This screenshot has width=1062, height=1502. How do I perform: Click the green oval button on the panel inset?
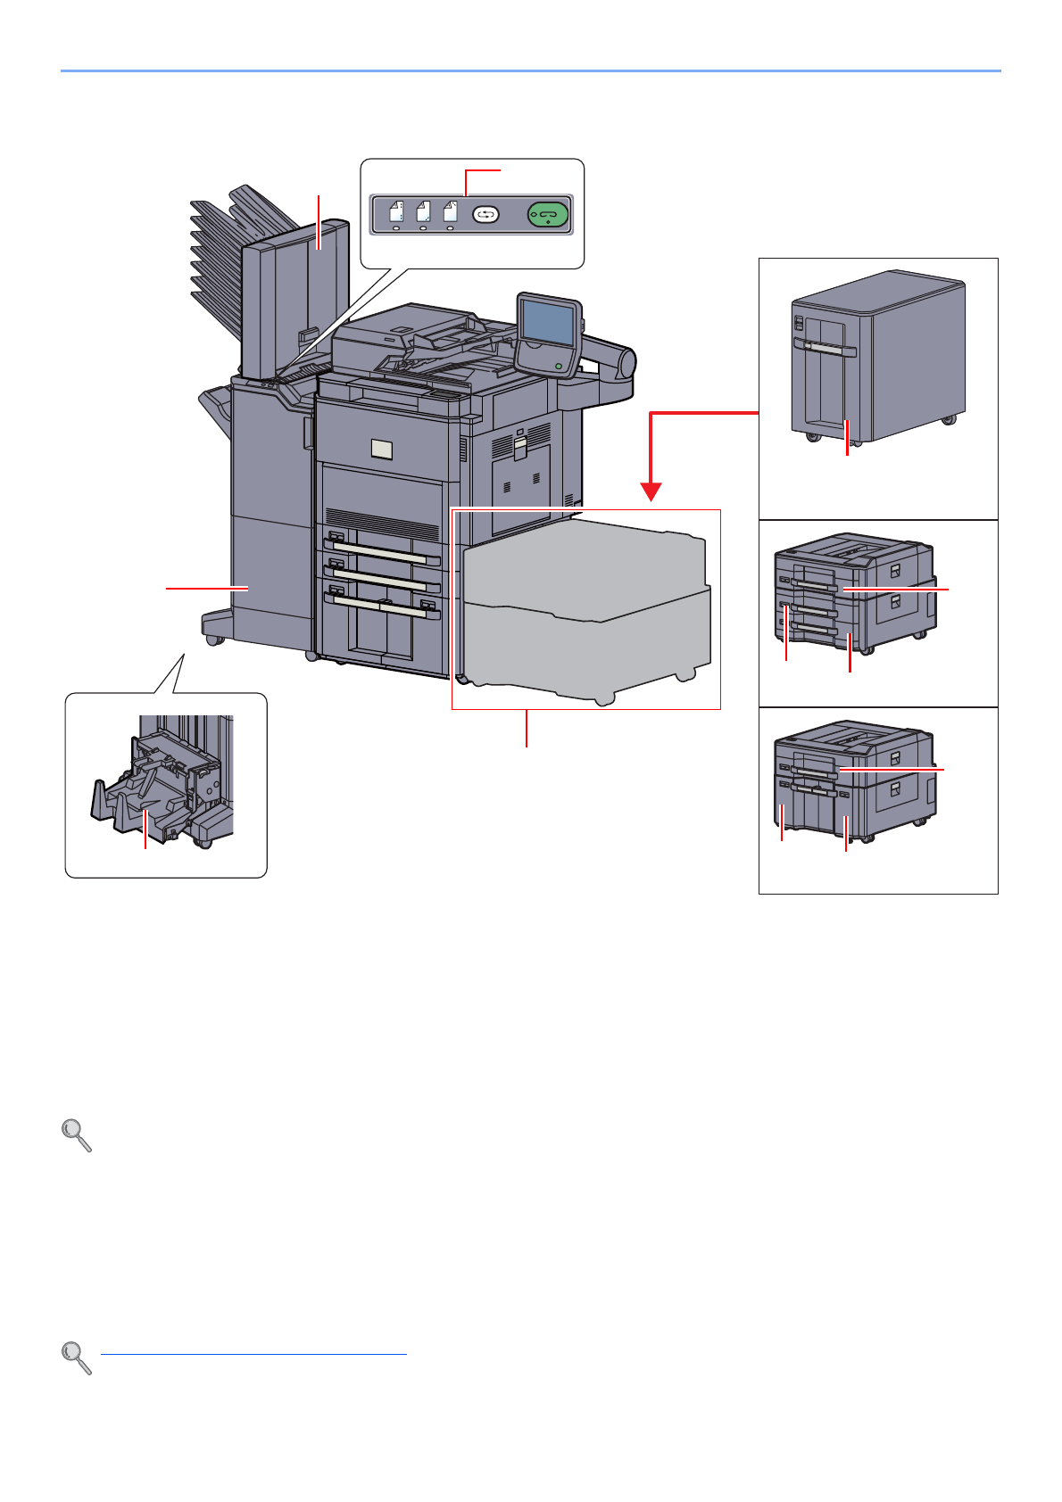548,215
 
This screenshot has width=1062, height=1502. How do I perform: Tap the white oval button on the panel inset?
485,215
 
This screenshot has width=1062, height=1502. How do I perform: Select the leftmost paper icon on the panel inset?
397,212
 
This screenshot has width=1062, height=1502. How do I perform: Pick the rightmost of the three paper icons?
451,212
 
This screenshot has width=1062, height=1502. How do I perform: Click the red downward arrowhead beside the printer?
651,491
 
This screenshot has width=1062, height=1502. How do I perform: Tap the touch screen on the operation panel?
546,323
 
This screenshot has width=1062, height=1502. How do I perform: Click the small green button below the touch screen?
560,366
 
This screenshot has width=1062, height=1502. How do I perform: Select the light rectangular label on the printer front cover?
381,450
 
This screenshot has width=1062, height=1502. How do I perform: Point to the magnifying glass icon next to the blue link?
77,1358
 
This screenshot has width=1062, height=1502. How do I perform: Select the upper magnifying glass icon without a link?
77,1135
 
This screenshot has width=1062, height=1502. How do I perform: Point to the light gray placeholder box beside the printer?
586,609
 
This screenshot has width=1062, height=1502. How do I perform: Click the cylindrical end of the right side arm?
627,363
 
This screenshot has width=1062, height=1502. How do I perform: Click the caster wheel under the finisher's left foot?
214,639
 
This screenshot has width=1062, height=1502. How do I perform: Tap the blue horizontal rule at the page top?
530,70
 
